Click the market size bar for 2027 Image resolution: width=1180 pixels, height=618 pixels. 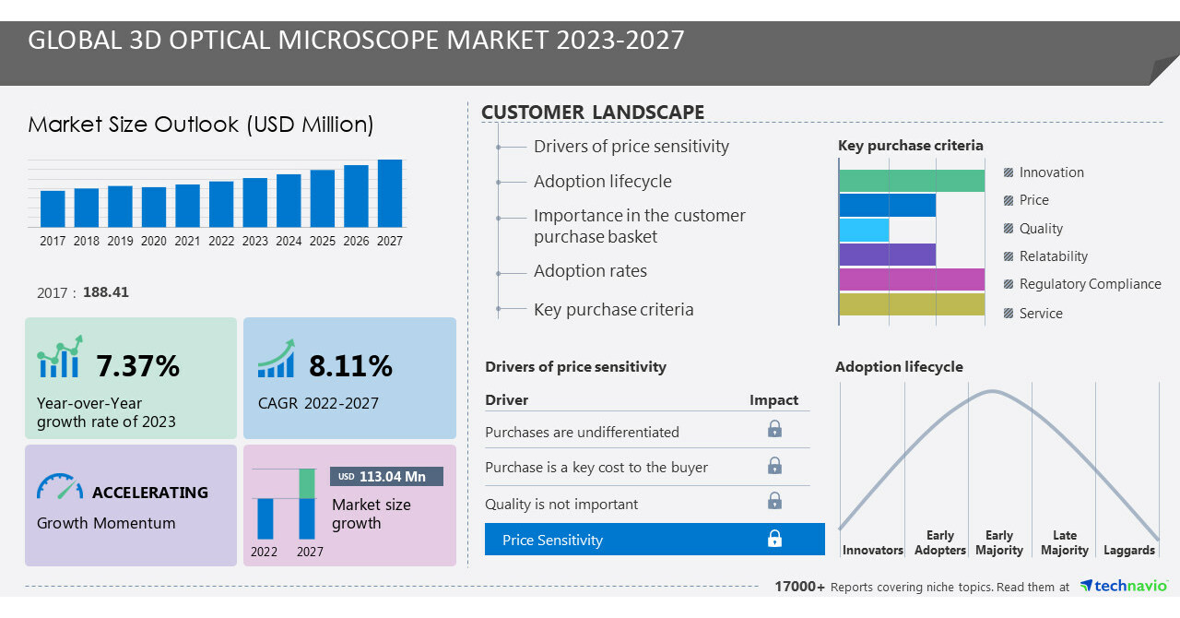coord(389,194)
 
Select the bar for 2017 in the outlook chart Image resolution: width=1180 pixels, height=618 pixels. coord(53,208)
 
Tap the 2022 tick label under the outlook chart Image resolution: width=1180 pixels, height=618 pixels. coord(221,241)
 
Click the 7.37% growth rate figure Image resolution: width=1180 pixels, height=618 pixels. coord(137,366)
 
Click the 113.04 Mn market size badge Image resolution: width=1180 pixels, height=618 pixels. coord(386,476)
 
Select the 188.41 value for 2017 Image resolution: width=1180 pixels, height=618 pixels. coord(106,292)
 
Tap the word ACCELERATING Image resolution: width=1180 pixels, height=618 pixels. coord(150,493)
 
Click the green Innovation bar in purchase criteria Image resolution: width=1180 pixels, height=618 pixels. coord(912,181)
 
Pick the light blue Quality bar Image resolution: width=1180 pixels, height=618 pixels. coord(864,230)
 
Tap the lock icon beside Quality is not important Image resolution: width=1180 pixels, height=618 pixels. coord(774,501)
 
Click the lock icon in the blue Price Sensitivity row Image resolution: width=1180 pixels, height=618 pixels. coord(774,539)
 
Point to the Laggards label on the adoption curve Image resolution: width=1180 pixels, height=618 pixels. coord(1128,550)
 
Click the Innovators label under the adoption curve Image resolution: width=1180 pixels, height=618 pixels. coord(872,550)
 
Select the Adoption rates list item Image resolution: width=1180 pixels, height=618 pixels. coord(590,271)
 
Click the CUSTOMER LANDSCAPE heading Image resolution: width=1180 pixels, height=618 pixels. coord(593,113)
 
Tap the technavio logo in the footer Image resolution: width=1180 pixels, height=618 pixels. coord(1123,586)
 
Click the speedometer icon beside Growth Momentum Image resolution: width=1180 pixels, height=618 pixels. coord(60,488)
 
